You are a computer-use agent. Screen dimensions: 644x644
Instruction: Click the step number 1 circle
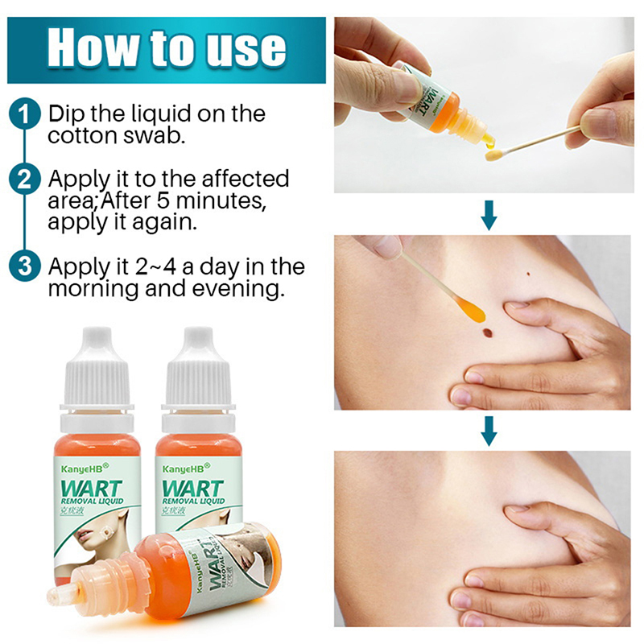click(25, 114)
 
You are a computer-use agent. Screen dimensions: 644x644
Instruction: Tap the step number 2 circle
click(25, 179)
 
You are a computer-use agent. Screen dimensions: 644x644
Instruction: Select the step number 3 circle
click(25, 266)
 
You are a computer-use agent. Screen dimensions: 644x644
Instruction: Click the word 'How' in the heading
click(93, 47)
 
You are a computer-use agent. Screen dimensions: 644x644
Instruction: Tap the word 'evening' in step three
click(238, 289)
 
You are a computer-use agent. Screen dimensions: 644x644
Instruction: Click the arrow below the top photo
click(489, 215)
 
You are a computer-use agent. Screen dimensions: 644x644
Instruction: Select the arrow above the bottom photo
click(489, 431)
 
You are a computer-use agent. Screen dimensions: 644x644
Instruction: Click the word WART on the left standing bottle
click(91, 489)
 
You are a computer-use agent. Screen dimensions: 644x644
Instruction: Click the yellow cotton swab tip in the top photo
click(493, 155)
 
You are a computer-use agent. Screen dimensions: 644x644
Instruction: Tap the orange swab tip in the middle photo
click(473, 311)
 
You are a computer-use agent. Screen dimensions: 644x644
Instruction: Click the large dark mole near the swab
click(487, 332)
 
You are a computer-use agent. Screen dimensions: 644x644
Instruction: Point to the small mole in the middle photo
click(529, 275)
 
